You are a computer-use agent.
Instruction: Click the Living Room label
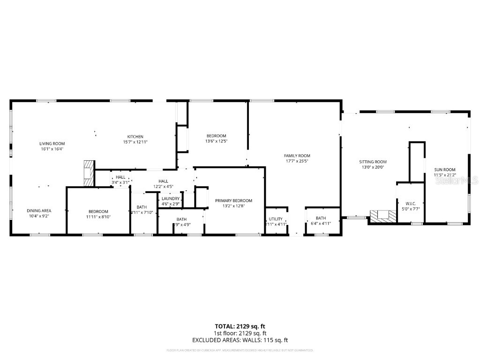tap(52, 143)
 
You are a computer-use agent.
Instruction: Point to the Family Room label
tap(297, 156)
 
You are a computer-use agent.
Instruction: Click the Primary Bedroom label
tap(233, 201)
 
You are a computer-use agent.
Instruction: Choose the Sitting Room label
tap(373, 162)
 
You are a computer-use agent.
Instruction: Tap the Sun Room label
tap(444, 170)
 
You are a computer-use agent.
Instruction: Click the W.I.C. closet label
tap(411, 203)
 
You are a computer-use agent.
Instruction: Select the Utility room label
tap(275, 219)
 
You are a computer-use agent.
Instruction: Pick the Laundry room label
tap(171, 198)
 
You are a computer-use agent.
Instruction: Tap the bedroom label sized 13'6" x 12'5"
tap(216, 136)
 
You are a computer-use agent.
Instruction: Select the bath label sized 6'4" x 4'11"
tap(321, 218)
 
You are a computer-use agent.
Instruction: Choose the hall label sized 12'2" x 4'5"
tap(163, 181)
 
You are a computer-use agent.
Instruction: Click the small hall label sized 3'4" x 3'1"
tap(120, 177)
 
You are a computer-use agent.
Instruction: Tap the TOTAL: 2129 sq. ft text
tap(240, 326)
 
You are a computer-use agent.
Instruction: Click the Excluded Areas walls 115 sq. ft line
tap(240, 340)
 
